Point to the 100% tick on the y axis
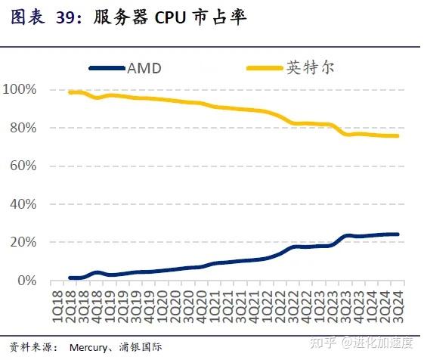pos(20,90)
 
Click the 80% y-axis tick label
pos(23,128)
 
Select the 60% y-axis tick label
pos(23,166)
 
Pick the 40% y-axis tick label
pos(23,204)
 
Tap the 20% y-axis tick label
pos(23,242)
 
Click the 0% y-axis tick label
pos(26,281)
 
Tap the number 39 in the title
pos(67,17)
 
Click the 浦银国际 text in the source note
pos(141,348)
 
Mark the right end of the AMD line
pos(398,234)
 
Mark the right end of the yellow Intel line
pos(398,136)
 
